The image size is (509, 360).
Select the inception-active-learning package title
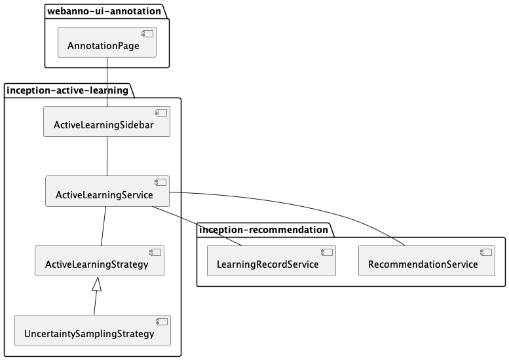[68, 90]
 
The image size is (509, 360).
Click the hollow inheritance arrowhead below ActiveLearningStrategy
[97, 283]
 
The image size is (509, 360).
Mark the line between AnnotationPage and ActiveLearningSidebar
[107, 82]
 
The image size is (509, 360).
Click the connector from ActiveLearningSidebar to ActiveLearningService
[107, 156]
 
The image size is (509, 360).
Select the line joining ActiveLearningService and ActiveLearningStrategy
[104, 226]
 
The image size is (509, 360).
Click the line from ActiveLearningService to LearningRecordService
[197, 226]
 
